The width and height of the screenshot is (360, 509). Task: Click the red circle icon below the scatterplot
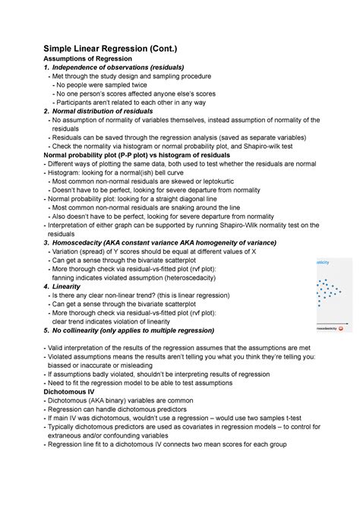341,328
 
